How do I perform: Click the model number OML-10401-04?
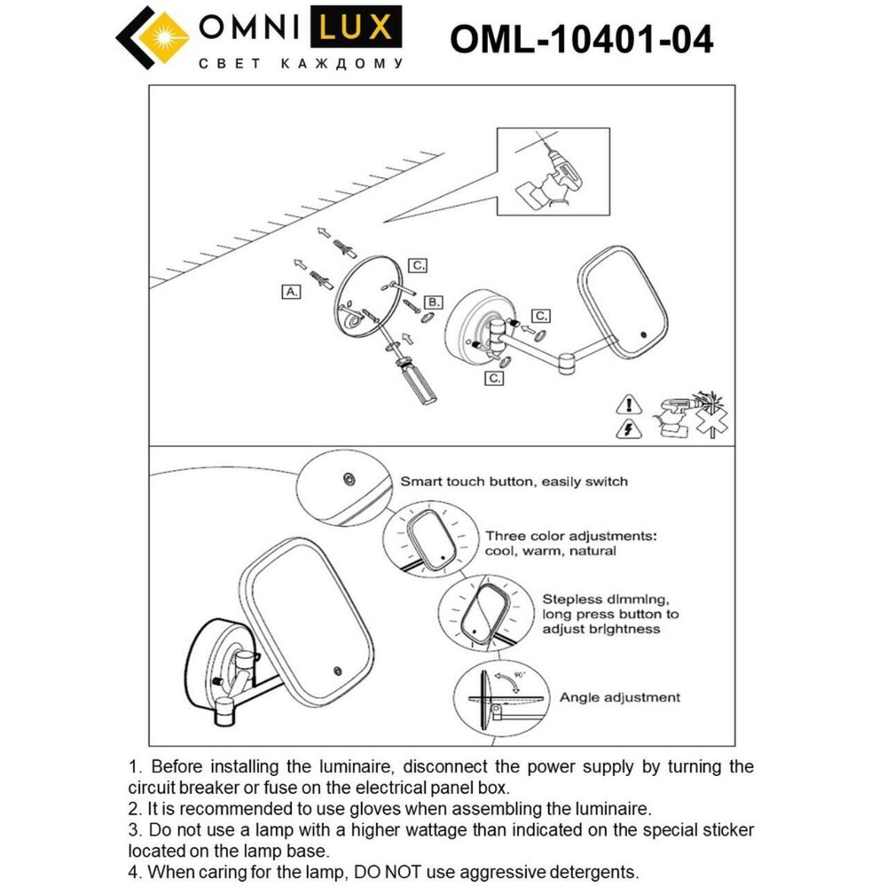(x=581, y=39)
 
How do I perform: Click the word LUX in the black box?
(x=354, y=27)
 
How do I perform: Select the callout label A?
(x=291, y=291)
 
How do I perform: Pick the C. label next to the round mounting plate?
(x=418, y=264)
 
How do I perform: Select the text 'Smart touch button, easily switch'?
(x=514, y=482)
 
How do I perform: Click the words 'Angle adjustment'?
(x=619, y=697)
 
